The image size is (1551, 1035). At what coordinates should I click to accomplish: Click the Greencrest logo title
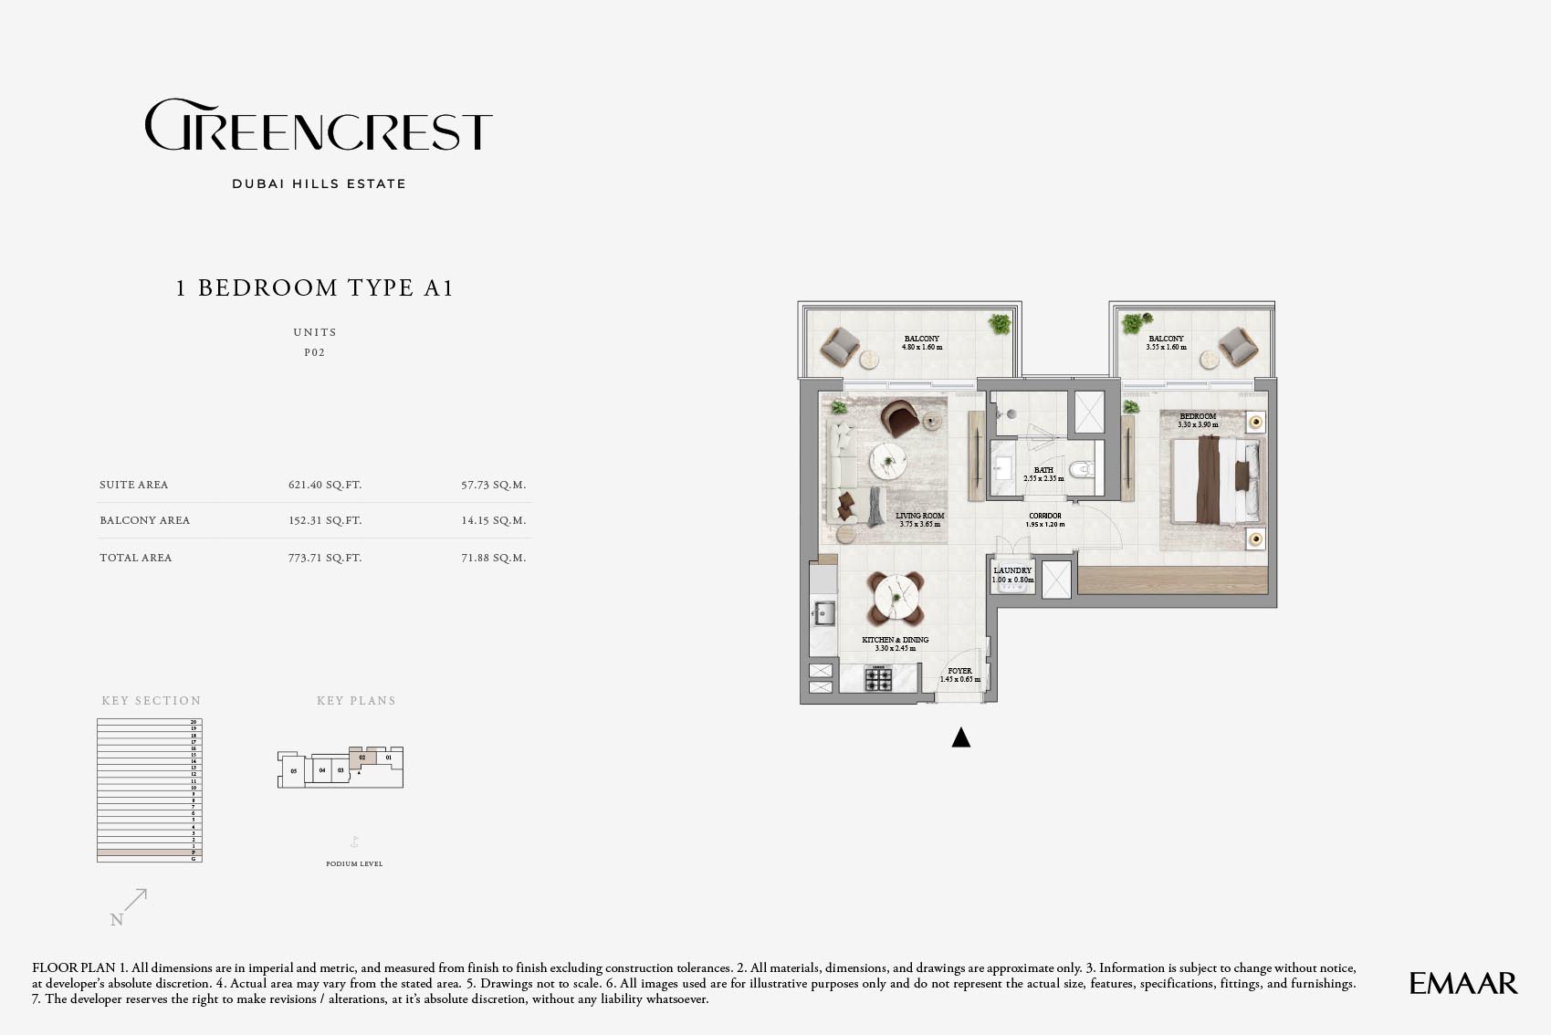pyautogui.click(x=319, y=126)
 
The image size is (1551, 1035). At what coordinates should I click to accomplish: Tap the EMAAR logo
pyautogui.click(x=1462, y=983)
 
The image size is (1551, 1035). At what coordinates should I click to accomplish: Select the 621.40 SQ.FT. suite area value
pyautogui.click(x=325, y=485)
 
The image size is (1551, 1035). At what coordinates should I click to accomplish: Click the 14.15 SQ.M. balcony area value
pyautogui.click(x=493, y=520)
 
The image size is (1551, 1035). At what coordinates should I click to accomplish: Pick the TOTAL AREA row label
pyautogui.click(x=136, y=558)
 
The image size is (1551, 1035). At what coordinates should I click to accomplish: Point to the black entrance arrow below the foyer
pyautogui.click(x=960, y=737)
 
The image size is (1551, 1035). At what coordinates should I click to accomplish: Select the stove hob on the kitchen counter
pyautogui.click(x=878, y=679)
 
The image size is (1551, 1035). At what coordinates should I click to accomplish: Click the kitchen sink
pyautogui.click(x=824, y=612)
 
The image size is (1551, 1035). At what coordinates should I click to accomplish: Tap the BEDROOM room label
pyautogui.click(x=1198, y=416)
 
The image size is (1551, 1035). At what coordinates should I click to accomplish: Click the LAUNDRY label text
pyautogui.click(x=1012, y=570)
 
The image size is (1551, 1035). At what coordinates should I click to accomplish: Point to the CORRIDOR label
pyautogui.click(x=1045, y=516)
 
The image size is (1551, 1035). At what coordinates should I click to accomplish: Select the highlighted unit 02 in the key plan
pyautogui.click(x=362, y=758)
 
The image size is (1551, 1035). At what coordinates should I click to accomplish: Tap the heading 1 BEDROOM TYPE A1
pyautogui.click(x=315, y=288)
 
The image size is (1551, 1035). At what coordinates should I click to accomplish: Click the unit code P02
pyautogui.click(x=314, y=352)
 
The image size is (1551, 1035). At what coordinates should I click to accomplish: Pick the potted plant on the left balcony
pyautogui.click(x=1001, y=323)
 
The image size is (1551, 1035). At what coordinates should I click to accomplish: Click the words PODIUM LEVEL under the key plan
pyautogui.click(x=354, y=863)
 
